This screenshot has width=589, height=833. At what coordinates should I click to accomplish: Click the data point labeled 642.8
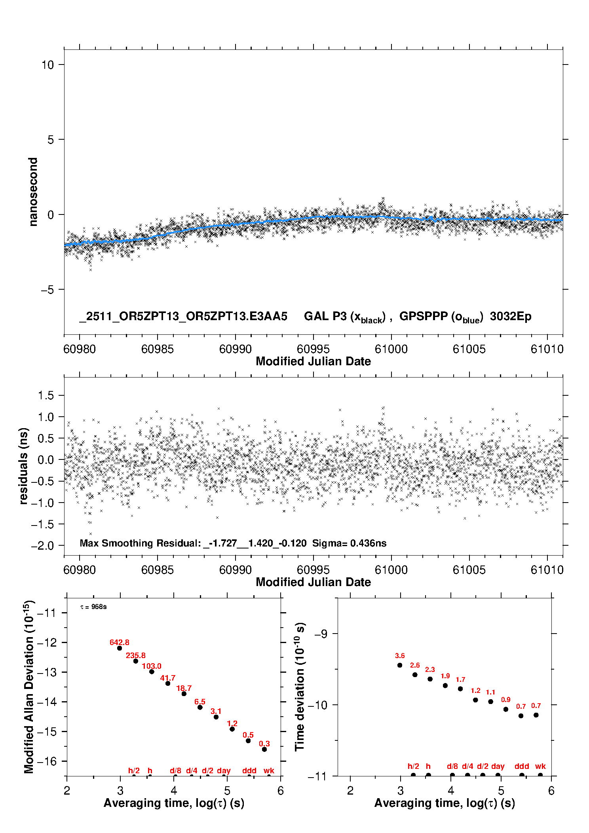(120, 648)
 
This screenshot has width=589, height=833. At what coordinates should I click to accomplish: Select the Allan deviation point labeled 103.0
(152, 672)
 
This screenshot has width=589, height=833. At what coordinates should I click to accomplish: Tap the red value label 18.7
(184, 688)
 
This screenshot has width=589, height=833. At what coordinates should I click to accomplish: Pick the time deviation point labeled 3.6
(400, 665)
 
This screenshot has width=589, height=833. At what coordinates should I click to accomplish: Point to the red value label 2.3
(430, 670)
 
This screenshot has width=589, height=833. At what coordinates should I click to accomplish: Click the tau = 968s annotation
(93, 607)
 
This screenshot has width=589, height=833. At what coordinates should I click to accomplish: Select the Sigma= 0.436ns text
(349, 543)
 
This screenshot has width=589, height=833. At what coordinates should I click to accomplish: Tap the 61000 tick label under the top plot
(391, 349)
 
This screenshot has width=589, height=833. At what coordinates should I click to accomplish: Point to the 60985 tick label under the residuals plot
(157, 570)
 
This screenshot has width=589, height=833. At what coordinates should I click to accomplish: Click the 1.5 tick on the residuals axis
(46, 395)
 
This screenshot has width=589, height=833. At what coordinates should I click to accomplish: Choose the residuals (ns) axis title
(23, 466)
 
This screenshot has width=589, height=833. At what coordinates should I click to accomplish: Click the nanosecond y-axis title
(33, 192)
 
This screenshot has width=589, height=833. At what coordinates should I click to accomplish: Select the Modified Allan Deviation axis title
(29, 687)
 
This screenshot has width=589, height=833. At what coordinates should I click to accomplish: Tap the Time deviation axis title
(300, 687)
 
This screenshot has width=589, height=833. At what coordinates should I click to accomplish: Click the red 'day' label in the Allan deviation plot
(224, 770)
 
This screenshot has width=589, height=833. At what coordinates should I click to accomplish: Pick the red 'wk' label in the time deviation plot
(540, 766)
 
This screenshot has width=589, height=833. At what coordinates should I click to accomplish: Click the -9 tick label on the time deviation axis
(321, 634)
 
